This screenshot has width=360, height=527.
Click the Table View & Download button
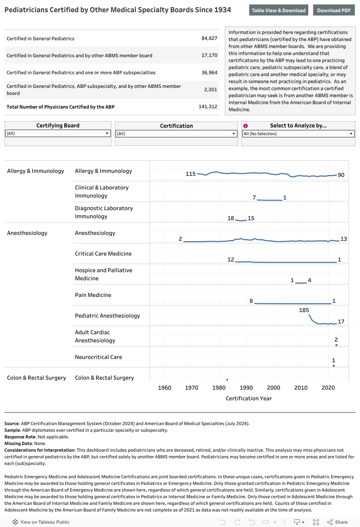click(279, 10)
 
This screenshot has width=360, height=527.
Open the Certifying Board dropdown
click(58, 133)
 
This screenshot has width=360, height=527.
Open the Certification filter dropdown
click(176, 134)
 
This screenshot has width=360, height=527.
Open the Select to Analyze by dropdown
click(298, 134)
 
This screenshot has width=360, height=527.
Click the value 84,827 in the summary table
click(209, 38)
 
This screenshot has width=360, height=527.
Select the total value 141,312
click(208, 107)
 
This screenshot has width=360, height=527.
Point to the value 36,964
click(209, 73)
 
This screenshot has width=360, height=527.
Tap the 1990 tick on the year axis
click(246, 388)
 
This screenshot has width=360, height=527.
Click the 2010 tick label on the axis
click(301, 388)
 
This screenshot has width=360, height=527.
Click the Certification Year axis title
click(248, 398)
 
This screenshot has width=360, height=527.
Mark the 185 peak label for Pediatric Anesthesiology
click(304, 310)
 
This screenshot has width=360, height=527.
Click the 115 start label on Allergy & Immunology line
click(191, 174)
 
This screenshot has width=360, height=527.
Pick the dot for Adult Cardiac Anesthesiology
click(336, 345)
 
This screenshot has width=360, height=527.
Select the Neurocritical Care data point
click(334, 366)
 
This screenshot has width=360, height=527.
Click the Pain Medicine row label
click(93, 295)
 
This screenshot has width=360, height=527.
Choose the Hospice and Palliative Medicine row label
click(103, 274)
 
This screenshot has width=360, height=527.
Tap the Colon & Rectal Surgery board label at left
click(37, 378)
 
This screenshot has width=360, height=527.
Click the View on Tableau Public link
click(41, 522)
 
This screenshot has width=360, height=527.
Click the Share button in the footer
click(337, 522)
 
